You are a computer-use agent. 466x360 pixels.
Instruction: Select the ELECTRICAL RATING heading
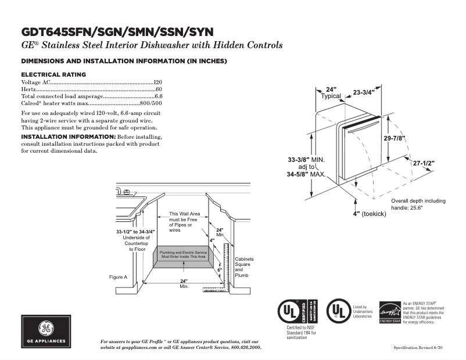click(x=53, y=74)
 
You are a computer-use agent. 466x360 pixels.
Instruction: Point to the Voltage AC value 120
click(x=157, y=82)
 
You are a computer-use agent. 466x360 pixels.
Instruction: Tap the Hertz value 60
click(x=159, y=89)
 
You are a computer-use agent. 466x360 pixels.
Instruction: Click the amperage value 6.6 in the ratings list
click(x=158, y=96)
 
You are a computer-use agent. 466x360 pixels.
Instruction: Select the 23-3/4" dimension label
click(x=364, y=92)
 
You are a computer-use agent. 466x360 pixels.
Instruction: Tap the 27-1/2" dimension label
click(x=424, y=164)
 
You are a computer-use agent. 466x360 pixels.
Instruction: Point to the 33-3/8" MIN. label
click(x=306, y=159)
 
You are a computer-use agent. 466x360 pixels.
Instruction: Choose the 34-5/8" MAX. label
click(x=306, y=174)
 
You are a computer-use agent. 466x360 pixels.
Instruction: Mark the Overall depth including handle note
click(x=418, y=204)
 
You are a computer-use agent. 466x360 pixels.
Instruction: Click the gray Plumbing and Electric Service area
click(x=183, y=254)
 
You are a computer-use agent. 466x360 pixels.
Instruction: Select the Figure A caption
click(x=118, y=277)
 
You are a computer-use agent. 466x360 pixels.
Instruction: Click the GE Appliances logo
click(x=46, y=331)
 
